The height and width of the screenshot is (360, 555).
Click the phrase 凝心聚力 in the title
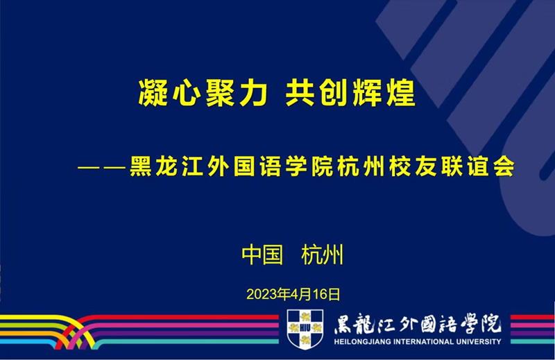[x=203, y=93]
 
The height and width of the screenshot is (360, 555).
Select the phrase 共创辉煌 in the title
[x=350, y=93]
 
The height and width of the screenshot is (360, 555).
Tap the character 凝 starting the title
[x=153, y=93]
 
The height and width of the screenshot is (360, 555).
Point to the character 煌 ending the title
[x=401, y=93]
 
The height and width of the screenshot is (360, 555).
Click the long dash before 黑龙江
[x=102, y=166]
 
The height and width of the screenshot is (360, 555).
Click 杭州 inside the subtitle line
[x=361, y=166]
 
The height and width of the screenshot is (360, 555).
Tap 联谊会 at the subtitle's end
[x=477, y=166]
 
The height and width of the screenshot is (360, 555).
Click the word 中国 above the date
[x=262, y=255]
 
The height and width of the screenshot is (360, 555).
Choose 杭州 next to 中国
[x=322, y=255]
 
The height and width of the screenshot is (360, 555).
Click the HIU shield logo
[x=305, y=329]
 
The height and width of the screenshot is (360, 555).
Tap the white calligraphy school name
[x=418, y=323]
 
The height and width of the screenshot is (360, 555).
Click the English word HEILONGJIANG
[x=362, y=342]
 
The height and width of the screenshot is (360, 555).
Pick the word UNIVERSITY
[x=479, y=342]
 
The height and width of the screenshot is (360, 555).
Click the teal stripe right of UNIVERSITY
[x=533, y=341]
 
